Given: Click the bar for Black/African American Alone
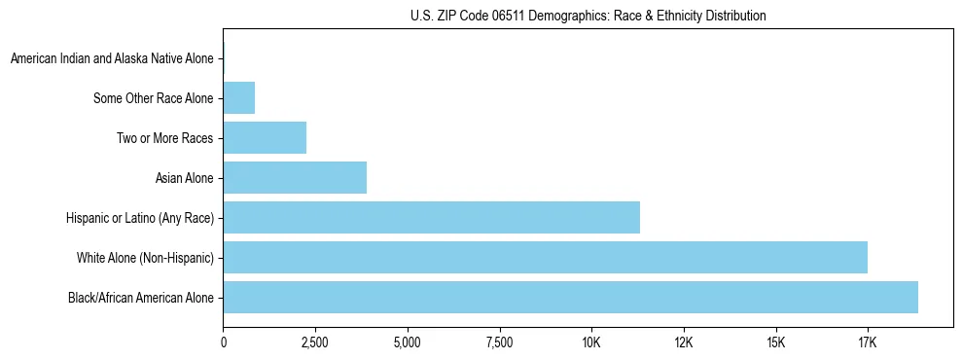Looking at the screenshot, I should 570,298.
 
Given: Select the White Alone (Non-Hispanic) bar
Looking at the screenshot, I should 545,258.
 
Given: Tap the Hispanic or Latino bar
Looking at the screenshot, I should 431,218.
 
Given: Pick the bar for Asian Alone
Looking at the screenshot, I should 295,178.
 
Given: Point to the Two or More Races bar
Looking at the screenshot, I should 265,138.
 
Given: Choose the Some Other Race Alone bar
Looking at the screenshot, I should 239,98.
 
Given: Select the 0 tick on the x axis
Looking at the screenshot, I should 224,342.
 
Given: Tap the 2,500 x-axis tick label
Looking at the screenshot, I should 315,342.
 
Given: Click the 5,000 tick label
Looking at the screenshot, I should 408,342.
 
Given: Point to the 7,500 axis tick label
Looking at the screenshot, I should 499,342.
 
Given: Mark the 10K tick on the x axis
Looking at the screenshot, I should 591,342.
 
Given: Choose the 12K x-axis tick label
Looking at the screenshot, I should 684,342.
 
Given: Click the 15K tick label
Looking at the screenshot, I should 775,342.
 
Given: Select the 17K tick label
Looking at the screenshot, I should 868,342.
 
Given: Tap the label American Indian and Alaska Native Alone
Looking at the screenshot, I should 112,59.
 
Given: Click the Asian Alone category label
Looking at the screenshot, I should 184,178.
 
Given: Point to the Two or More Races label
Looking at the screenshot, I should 164,138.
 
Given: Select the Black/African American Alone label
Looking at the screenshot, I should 140,298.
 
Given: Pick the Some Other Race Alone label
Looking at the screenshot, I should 153,98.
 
